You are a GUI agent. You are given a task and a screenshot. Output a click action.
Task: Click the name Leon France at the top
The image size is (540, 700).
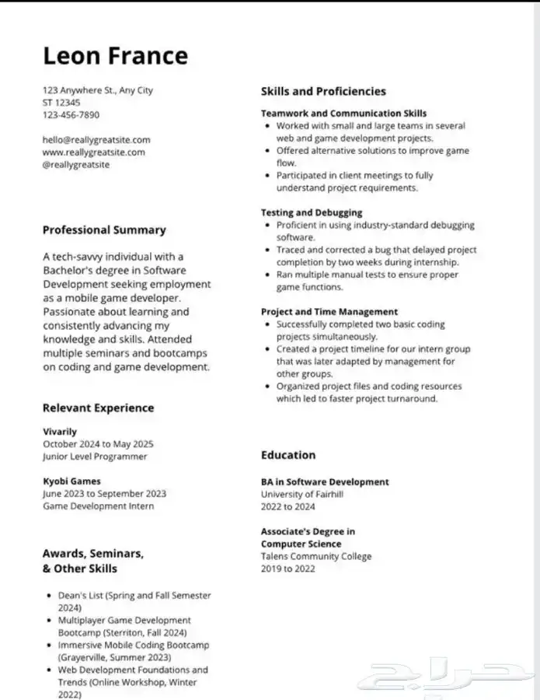tap(115, 56)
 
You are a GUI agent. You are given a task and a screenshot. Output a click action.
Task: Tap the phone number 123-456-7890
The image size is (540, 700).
tap(71, 115)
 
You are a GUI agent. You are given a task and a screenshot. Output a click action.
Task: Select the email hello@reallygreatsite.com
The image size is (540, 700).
tap(96, 140)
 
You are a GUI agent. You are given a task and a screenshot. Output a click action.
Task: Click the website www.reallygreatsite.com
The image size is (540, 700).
tap(93, 152)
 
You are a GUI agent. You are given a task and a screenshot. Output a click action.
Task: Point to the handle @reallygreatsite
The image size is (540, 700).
tap(76, 165)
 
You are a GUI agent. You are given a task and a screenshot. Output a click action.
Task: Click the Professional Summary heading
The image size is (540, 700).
tap(104, 230)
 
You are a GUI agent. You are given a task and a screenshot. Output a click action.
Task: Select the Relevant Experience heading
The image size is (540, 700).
tap(98, 408)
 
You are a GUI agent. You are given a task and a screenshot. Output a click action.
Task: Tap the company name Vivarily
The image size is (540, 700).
tap(60, 432)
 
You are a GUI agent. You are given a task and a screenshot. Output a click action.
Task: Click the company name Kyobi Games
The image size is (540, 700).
tap(71, 481)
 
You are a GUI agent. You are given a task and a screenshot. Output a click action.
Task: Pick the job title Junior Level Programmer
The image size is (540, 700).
tap(95, 457)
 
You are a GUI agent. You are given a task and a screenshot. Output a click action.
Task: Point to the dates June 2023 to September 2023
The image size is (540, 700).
tap(104, 494)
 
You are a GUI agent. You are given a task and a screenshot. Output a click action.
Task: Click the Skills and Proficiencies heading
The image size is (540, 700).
tap(323, 92)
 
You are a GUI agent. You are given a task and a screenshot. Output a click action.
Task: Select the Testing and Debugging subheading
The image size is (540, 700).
tap(312, 212)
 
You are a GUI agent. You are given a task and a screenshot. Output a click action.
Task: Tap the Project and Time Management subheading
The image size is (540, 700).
tap(329, 312)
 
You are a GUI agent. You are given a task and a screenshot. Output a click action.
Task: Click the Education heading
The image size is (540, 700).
tap(288, 455)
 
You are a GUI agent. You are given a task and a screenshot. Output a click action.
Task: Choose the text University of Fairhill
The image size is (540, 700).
tap(302, 495)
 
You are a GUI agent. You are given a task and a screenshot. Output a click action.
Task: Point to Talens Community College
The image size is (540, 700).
tap(316, 557)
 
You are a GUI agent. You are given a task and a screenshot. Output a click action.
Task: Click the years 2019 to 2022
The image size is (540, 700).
tap(287, 569)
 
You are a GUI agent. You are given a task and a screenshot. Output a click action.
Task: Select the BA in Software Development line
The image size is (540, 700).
tap(325, 482)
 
